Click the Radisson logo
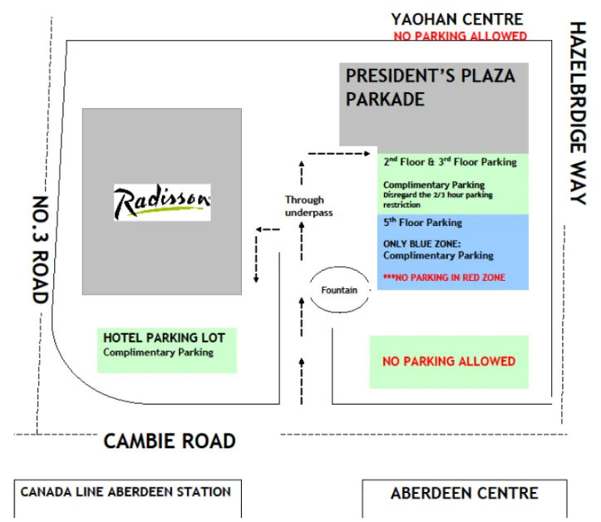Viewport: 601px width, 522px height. click(163, 201)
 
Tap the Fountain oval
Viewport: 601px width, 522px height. click(339, 290)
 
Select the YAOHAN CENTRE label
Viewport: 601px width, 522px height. click(457, 19)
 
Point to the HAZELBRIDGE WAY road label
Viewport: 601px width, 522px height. click(579, 112)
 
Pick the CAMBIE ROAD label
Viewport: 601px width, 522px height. click(170, 441)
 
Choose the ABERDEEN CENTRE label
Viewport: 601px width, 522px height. click(464, 493)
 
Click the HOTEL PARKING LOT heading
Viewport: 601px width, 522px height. click(164, 337)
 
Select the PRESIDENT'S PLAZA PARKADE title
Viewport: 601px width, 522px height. click(430, 86)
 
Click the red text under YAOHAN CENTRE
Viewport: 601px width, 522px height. click(460, 36)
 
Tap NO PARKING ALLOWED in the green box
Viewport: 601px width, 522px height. click(449, 362)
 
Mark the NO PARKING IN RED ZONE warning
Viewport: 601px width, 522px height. click(444, 277)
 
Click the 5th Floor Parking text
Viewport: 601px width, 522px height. click(422, 223)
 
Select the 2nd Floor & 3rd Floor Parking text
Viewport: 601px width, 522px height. click(450, 162)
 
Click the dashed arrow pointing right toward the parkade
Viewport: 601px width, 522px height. click(341, 153)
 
